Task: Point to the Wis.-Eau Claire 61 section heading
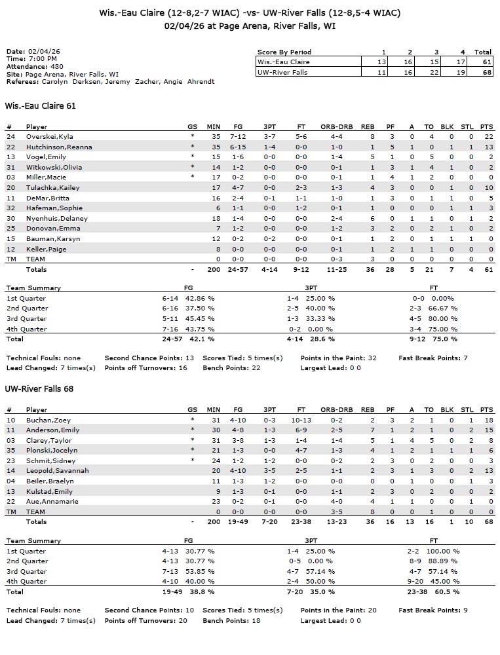(x=40, y=105)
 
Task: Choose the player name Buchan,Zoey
(x=43, y=420)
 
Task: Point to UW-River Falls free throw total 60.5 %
(x=447, y=592)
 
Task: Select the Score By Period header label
(x=284, y=52)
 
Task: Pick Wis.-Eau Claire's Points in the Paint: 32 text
(x=338, y=358)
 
